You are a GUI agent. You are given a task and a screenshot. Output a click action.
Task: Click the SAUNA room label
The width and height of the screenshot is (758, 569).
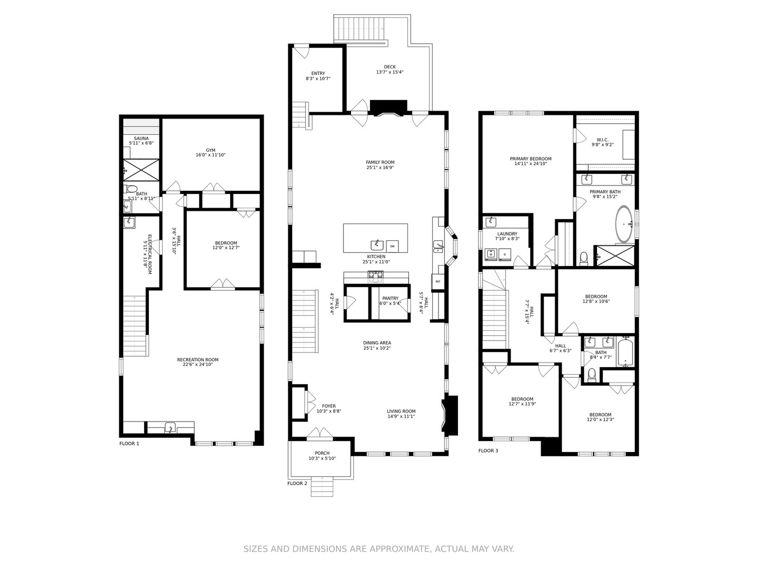coord(141,139)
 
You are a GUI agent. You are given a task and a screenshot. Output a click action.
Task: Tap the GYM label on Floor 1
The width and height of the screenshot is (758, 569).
coord(211,150)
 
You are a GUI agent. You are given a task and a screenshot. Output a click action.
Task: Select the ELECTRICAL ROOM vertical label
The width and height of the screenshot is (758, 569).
coord(149,253)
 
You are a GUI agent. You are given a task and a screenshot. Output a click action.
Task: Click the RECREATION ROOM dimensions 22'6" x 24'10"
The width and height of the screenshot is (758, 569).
coord(198,364)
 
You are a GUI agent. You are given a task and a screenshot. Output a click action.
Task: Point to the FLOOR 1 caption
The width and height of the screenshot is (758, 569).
coord(129,444)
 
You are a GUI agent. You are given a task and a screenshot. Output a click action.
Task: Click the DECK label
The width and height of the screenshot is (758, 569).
coord(390,67)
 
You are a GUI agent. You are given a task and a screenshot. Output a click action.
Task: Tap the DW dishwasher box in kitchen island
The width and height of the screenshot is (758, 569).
coord(392,246)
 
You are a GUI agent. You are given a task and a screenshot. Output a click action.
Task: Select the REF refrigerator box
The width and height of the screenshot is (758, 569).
coord(437,281)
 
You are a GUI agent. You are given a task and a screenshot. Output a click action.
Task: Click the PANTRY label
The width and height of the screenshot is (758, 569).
coord(390,298)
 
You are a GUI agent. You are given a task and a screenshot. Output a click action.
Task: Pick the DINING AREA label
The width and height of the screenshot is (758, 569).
coord(377,343)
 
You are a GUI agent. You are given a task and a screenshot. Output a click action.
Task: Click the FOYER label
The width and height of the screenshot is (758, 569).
coord(328,406)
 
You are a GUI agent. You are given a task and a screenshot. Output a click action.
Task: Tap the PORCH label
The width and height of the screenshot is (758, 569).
coord(322,453)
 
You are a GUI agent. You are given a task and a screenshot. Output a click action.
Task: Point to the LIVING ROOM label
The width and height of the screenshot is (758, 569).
coord(401,411)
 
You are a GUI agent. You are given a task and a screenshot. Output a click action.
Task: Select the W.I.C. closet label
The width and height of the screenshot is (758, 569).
coord(603,140)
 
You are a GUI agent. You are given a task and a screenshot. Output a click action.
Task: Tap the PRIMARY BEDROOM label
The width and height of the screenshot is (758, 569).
coord(531,159)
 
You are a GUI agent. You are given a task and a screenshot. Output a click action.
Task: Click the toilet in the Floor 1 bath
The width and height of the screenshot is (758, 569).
coord(132,189)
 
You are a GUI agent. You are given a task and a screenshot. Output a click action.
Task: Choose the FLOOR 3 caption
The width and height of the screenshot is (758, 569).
coord(488,450)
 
